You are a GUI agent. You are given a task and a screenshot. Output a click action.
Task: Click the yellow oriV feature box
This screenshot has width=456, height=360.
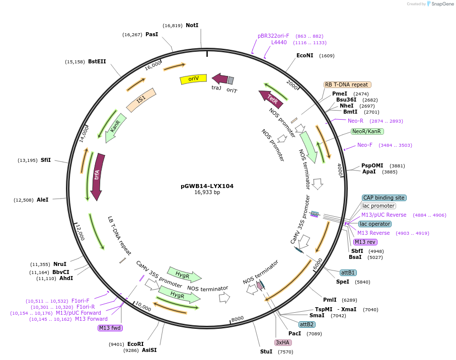pyautogui.click(x=193, y=79)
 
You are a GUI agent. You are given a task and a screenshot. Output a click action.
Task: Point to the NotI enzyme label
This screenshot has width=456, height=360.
pyautogui.click(x=192, y=25)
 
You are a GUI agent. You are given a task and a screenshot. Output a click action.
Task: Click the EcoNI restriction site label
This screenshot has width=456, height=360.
pyautogui.click(x=305, y=55)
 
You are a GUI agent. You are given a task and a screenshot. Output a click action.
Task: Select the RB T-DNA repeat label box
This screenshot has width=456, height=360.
pyautogui.click(x=347, y=85)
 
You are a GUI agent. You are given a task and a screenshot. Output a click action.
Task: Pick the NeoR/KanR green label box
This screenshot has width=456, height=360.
pyautogui.click(x=367, y=131)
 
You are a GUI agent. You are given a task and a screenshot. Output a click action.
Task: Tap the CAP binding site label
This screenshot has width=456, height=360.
pyautogui.click(x=384, y=198)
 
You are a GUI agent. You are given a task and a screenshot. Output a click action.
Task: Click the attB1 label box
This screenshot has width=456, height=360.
pyautogui.click(x=348, y=273)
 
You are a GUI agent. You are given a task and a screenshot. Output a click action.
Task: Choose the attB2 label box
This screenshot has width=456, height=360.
pyautogui.click(x=307, y=324)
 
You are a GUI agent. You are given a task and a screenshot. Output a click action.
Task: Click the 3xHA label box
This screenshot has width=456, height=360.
pyautogui.click(x=283, y=342)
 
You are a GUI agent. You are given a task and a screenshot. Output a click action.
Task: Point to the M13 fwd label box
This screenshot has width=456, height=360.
pyautogui.click(x=110, y=328)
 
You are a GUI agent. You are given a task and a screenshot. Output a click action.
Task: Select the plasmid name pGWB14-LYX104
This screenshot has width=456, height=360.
pyautogui.click(x=207, y=186)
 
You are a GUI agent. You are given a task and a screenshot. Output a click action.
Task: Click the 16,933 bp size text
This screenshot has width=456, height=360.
pyautogui.click(x=207, y=193)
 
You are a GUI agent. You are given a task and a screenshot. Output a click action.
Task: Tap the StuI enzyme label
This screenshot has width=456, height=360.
pyautogui.click(x=266, y=351)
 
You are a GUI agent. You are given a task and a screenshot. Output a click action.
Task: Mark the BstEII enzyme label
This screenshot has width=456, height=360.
pyautogui.click(x=97, y=61)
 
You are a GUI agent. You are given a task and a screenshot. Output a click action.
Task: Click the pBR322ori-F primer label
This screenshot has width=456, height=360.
pyautogui.click(x=273, y=36)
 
